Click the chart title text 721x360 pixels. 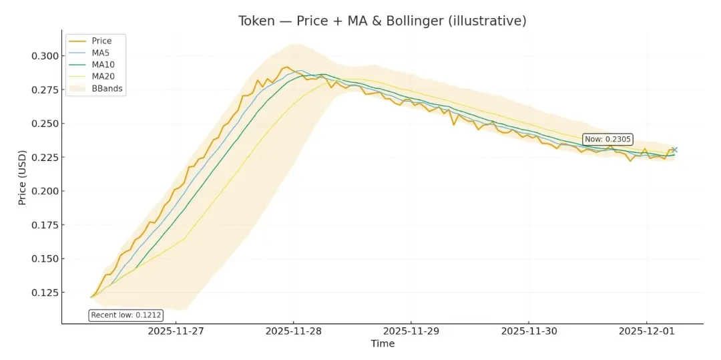[382, 21]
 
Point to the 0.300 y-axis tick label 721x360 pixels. [44, 56]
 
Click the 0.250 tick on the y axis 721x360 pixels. [44, 124]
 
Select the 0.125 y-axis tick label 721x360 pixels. [44, 293]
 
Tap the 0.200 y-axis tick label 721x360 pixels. [44, 191]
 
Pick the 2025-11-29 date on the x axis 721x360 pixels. [411, 331]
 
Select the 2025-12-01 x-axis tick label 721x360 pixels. [646, 331]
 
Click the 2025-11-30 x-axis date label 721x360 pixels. [529, 331]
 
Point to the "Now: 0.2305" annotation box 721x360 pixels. [608, 140]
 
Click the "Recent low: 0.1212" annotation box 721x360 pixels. [126, 315]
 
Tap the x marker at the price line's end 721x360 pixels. [674, 150]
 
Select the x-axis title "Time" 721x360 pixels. [383, 344]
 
